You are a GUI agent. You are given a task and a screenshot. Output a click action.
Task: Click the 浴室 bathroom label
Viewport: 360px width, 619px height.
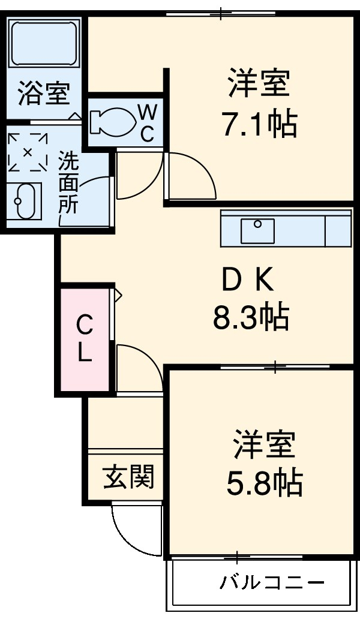44,94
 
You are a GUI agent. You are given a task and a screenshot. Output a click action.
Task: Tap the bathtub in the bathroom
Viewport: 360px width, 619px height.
45,43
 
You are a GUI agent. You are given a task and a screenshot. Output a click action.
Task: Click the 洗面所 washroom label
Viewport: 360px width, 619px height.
68,184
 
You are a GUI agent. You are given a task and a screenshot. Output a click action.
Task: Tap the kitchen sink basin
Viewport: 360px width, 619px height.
257,230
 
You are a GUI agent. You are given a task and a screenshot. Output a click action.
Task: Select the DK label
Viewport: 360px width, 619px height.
247,279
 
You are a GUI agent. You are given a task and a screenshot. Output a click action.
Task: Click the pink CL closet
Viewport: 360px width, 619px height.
85,340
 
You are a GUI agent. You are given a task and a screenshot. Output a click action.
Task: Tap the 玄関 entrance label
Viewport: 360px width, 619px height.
129,477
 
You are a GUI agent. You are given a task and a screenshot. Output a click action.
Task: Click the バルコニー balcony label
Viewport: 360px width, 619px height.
272,582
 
